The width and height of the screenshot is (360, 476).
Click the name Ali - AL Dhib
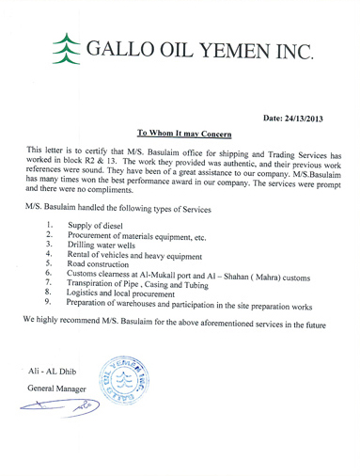(x=57, y=373)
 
